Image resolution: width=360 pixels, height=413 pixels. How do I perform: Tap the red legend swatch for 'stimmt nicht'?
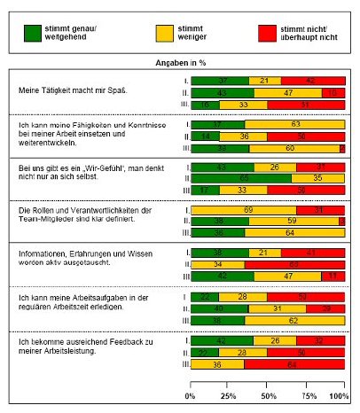(254, 31)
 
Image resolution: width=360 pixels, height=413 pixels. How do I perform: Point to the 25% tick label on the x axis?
(228, 394)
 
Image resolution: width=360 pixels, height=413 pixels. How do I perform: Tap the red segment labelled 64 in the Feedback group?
(294, 363)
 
